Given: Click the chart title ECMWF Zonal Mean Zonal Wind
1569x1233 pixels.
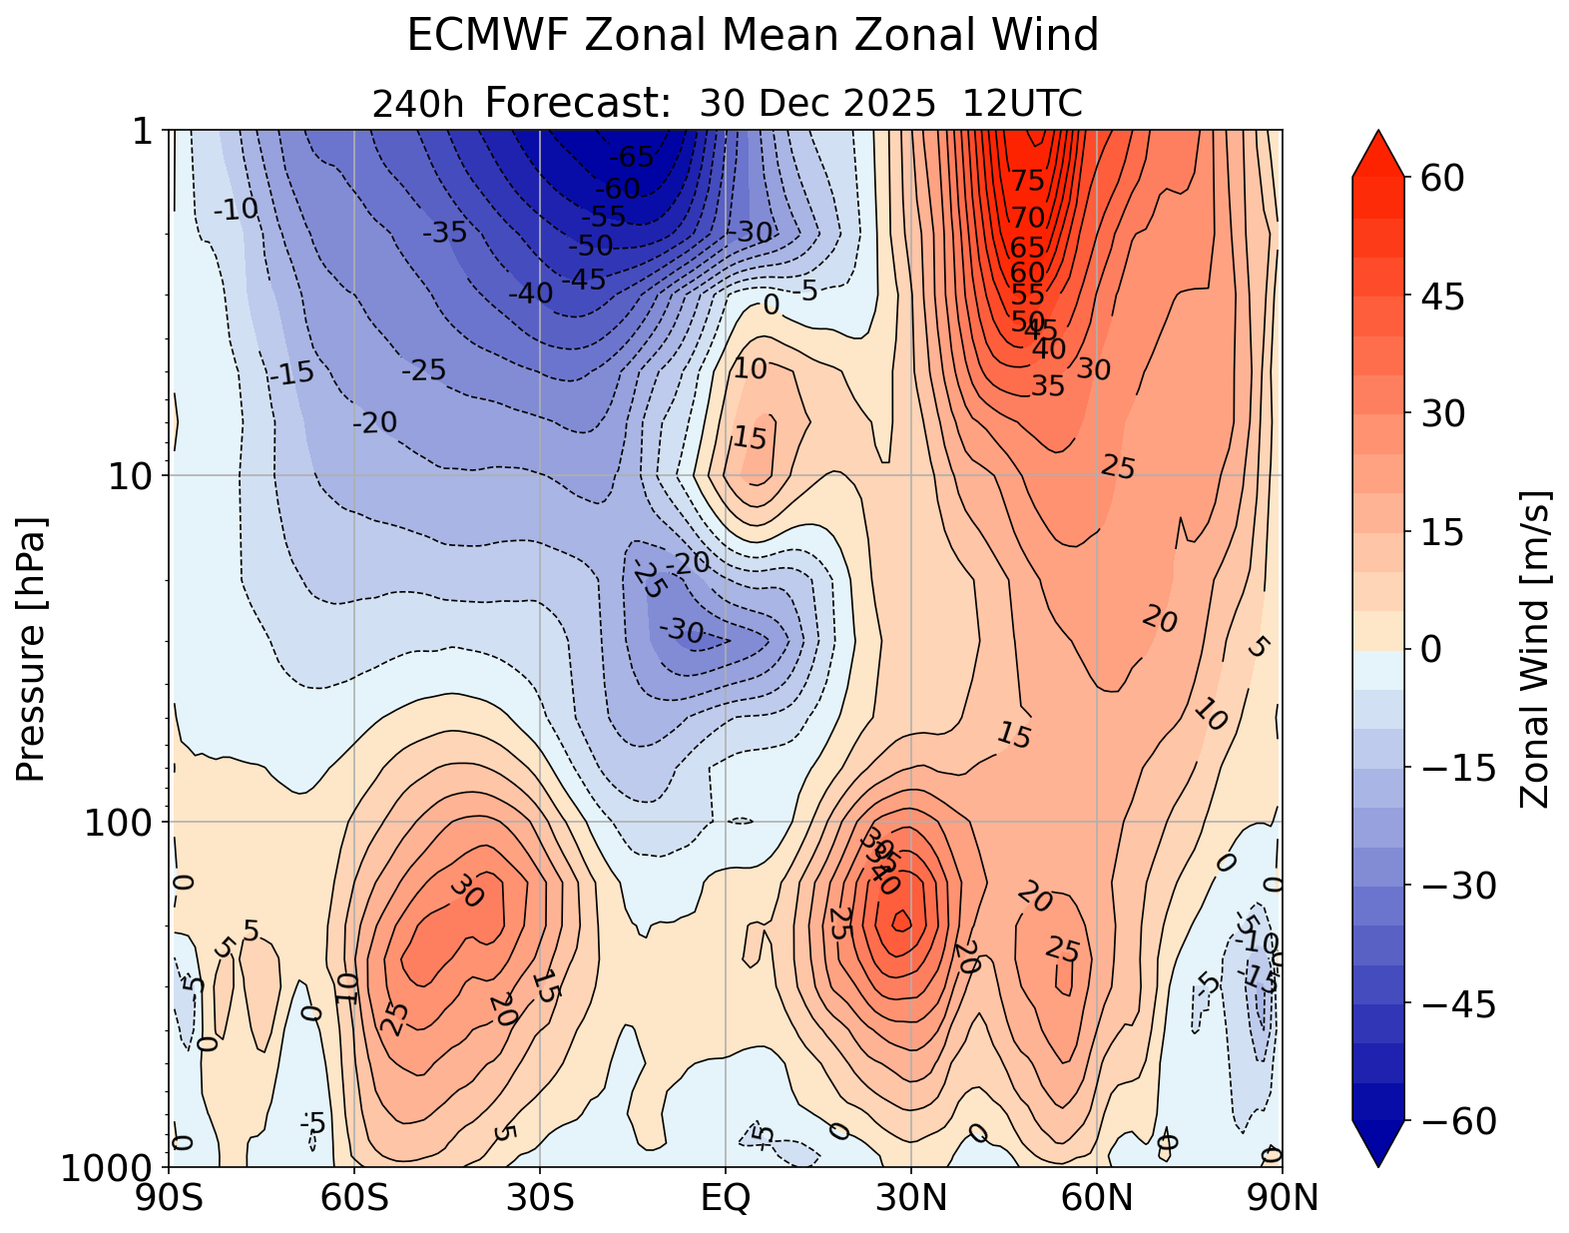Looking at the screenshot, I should tap(753, 37).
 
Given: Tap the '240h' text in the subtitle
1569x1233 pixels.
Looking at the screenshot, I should tap(418, 104).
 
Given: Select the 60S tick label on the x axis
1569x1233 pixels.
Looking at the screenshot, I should tap(354, 1197).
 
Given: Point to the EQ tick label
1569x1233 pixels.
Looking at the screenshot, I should tap(726, 1197).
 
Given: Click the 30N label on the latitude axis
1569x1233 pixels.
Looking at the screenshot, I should tap(911, 1197).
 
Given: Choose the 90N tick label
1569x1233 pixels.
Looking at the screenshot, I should tap(1283, 1197).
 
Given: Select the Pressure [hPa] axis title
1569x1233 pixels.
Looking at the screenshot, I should tap(32, 649).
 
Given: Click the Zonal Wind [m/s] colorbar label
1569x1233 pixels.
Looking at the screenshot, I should tap(1534, 649).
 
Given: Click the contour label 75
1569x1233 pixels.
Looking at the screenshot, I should tap(1027, 181).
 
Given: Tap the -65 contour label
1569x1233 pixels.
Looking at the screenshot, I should tap(631, 158).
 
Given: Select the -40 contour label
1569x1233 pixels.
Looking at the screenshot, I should tap(529, 295).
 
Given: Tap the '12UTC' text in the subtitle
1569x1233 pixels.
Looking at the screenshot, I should tap(1022, 104).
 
